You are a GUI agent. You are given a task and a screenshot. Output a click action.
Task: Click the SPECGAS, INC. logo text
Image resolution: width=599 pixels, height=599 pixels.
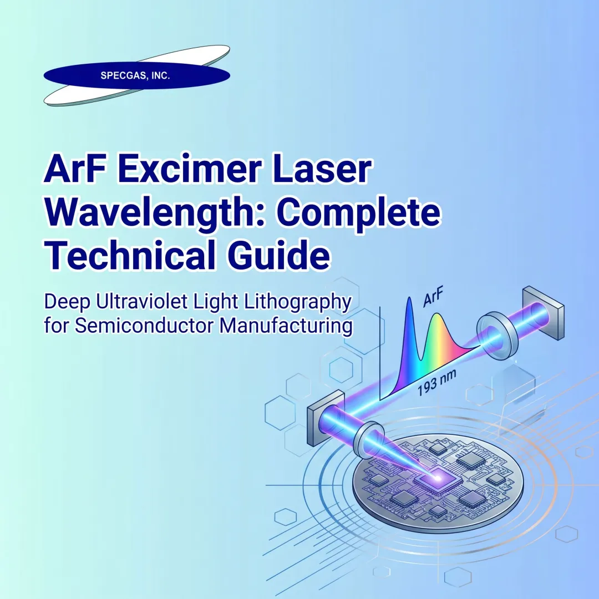tap(135, 77)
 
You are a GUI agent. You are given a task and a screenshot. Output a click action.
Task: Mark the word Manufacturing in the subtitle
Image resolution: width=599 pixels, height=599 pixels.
tap(286, 324)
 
